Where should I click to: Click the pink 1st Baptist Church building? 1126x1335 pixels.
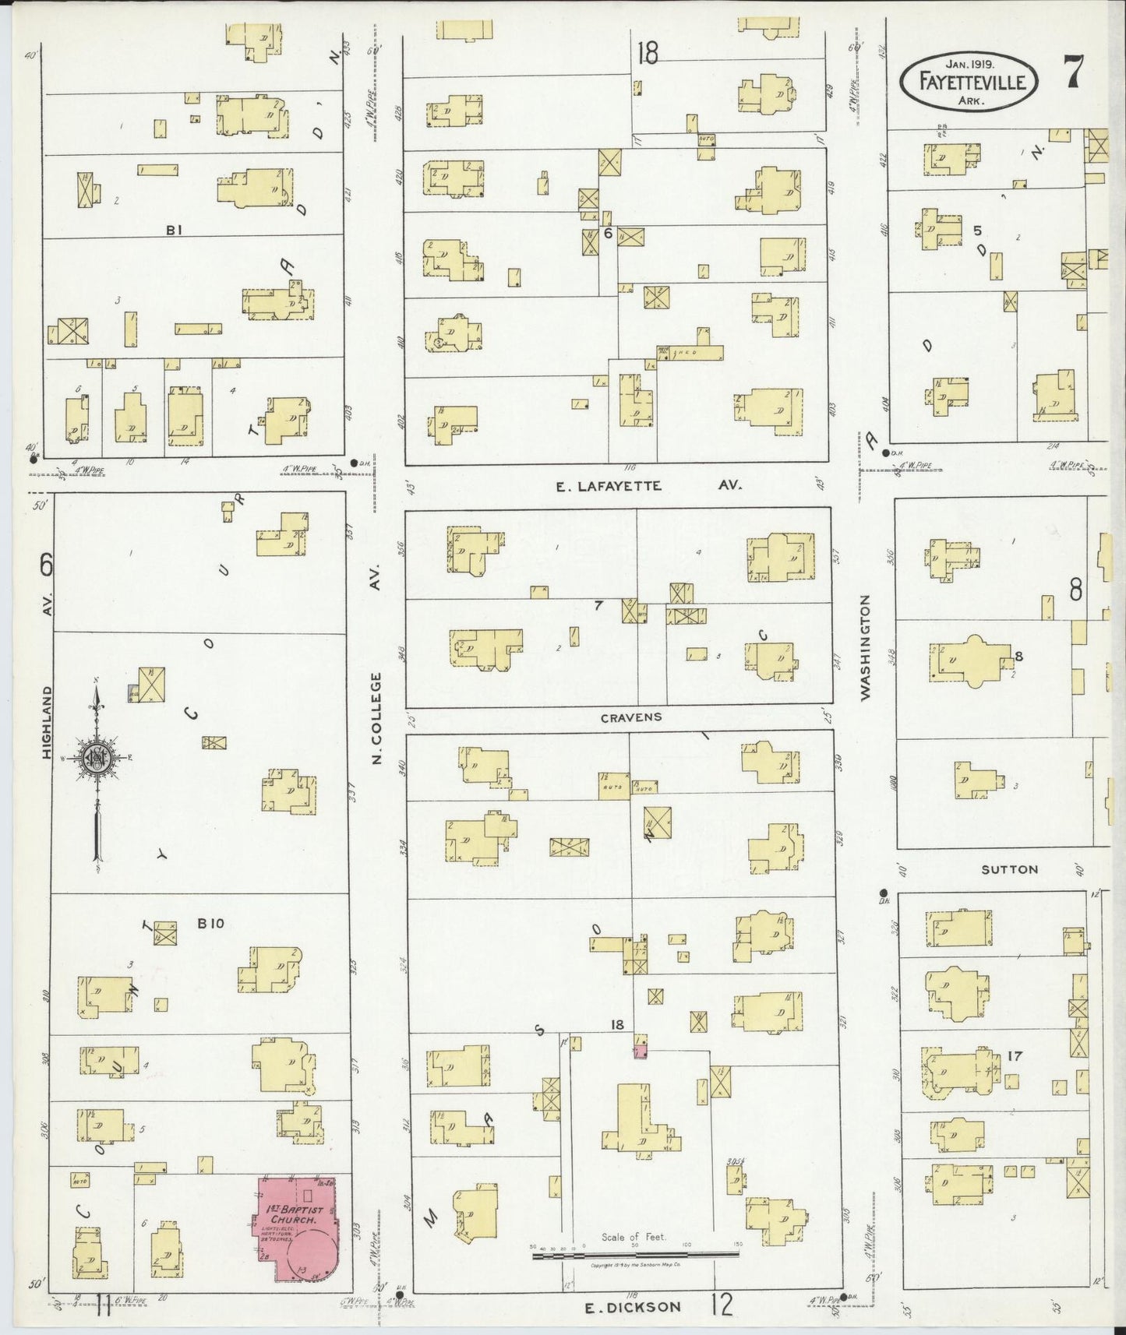[x=296, y=1228]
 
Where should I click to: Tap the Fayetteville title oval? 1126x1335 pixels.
[x=968, y=79]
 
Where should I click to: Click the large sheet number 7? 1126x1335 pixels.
[x=1073, y=74]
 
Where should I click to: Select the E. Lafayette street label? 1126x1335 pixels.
[x=609, y=486]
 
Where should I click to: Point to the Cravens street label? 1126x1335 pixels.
[x=630, y=717]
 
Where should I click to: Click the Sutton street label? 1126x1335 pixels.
[x=1009, y=869]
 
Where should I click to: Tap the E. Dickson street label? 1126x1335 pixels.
[x=633, y=1307]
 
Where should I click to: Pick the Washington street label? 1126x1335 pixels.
[x=865, y=648]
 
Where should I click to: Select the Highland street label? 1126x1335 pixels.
[x=48, y=722]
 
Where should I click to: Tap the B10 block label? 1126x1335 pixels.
[x=210, y=924]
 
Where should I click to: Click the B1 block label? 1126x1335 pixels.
[x=173, y=230]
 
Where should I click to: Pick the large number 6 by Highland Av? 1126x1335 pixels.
[x=46, y=563]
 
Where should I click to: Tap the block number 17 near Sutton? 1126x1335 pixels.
[x=1014, y=1057]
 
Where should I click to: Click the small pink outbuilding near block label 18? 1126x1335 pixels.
[x=640, y=1052]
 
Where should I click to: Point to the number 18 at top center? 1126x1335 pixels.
[x=647, y=53]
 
